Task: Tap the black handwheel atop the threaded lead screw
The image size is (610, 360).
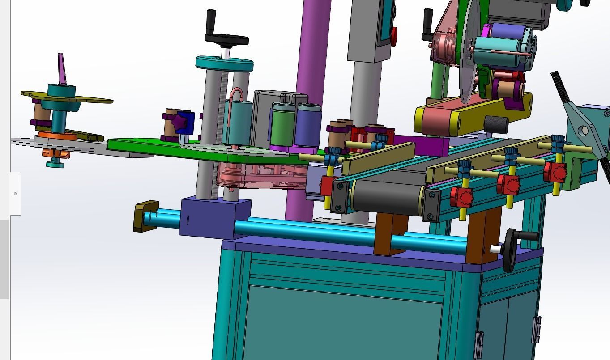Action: (226, 39)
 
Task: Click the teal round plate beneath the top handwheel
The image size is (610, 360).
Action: (224, 64)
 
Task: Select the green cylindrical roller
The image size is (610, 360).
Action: (283, 126)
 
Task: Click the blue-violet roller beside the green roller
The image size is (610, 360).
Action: (308, 126)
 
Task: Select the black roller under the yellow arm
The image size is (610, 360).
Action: (496, 124)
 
